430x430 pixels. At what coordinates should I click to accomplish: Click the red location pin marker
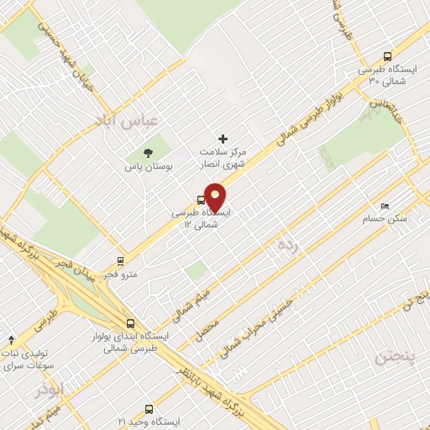tap(215, 197)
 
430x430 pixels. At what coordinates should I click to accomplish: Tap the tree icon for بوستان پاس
tap(149, 154)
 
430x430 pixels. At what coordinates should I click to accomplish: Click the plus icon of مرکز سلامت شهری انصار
tap(223, 139)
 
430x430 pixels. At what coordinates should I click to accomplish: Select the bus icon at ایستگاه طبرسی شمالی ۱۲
tap(200, 200)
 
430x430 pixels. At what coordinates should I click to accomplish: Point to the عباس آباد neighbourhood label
tap(128, 123)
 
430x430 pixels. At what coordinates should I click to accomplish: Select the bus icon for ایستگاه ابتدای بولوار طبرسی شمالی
tap(130, 322)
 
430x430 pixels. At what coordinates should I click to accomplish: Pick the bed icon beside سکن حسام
tap(385, 206)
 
